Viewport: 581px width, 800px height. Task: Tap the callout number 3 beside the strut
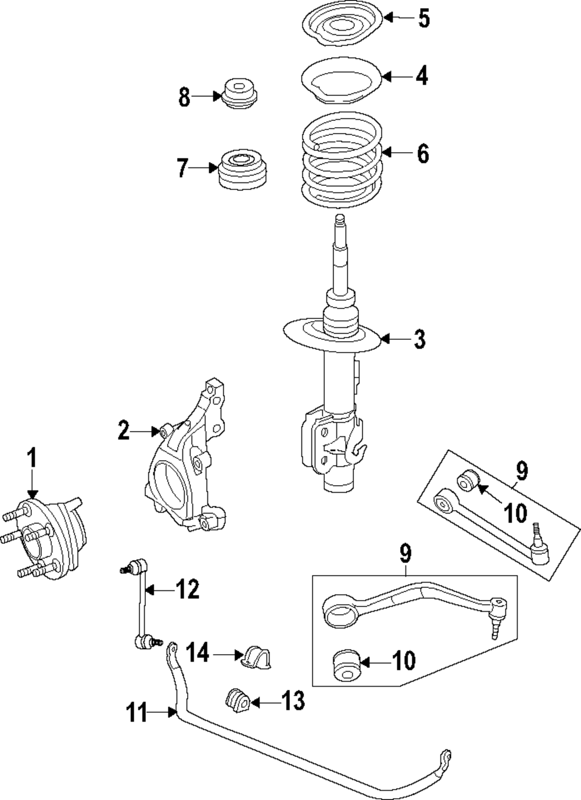[x=419, y=339]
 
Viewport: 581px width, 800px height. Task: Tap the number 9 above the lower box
[x=406, y=554]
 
